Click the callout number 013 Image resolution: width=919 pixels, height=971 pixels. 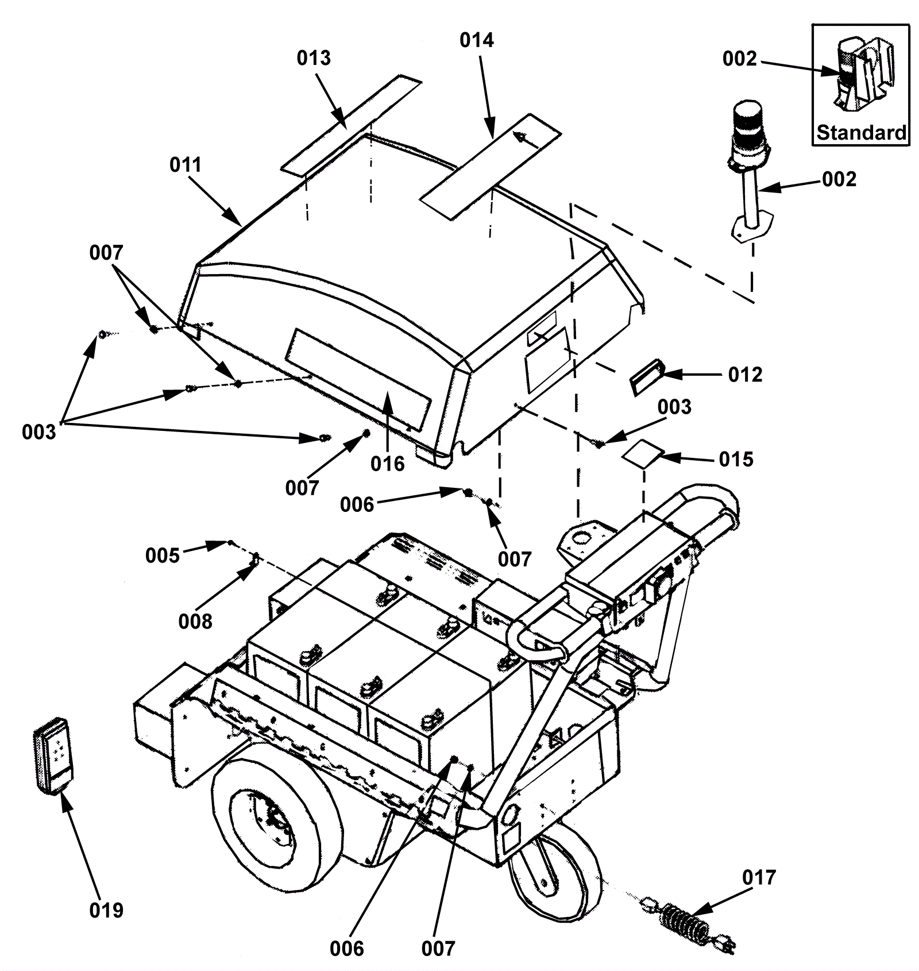pos(314,58)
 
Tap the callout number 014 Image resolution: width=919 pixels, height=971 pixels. pos(477,40)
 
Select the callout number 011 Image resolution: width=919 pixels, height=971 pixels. pos(186,165)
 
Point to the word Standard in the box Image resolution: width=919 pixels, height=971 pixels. pos(861,133)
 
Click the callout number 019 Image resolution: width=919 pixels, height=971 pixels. pos(106,910)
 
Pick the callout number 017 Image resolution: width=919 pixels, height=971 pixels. pos(759,877)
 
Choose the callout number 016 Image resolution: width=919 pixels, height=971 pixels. pos(387,464)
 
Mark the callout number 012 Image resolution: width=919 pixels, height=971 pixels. pos(745,375)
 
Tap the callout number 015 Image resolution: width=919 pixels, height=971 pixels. pos(736,460)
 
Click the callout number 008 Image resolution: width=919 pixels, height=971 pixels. pos(195,621)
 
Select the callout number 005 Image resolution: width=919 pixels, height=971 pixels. pos(163,556)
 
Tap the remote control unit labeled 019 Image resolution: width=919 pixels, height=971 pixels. pos(53,756)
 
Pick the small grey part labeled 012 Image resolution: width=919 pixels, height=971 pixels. pos(647,377)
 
